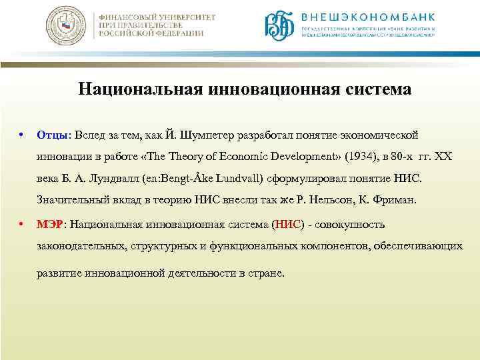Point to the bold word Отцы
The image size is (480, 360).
49,135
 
